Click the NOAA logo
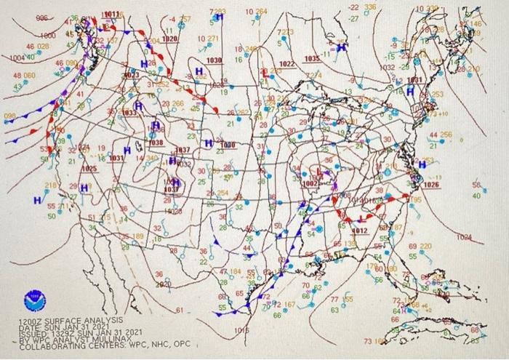point(33,298)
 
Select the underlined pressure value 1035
point(312,58)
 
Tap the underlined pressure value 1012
point(359,231)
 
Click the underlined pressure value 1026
point(431,185)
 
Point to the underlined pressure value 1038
point(156,143)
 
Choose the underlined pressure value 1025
point(89,169)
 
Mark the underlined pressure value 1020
point(169,38)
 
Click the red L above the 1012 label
point(363,219)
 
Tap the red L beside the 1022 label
point(267,71)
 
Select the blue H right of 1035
point(340,49)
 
